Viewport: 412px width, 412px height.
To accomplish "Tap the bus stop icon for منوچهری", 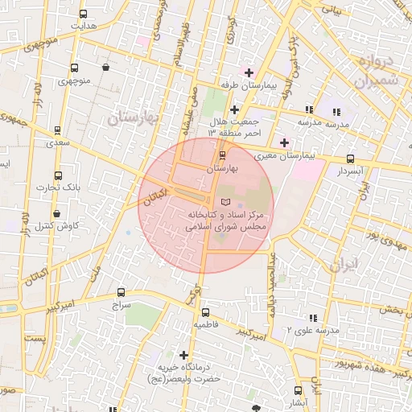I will tap(74, 68).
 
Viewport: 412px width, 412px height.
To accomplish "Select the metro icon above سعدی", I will tap(56, 130).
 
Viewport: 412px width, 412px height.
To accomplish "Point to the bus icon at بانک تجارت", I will tap(57, 175).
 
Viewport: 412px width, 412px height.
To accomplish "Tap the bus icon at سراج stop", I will tap(121, 293).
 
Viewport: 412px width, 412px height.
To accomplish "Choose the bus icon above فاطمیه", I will tap(205, 312).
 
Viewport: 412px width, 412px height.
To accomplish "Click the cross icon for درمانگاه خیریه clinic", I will tap(184, 355).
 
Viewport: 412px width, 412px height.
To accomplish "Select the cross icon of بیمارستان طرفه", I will tap(249, 73).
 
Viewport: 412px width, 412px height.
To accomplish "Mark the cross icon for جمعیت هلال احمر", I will tap(233, 109).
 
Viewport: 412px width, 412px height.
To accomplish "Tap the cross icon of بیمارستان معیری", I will tap(283, 142).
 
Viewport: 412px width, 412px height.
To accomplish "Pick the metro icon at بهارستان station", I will tap(223, 154).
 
